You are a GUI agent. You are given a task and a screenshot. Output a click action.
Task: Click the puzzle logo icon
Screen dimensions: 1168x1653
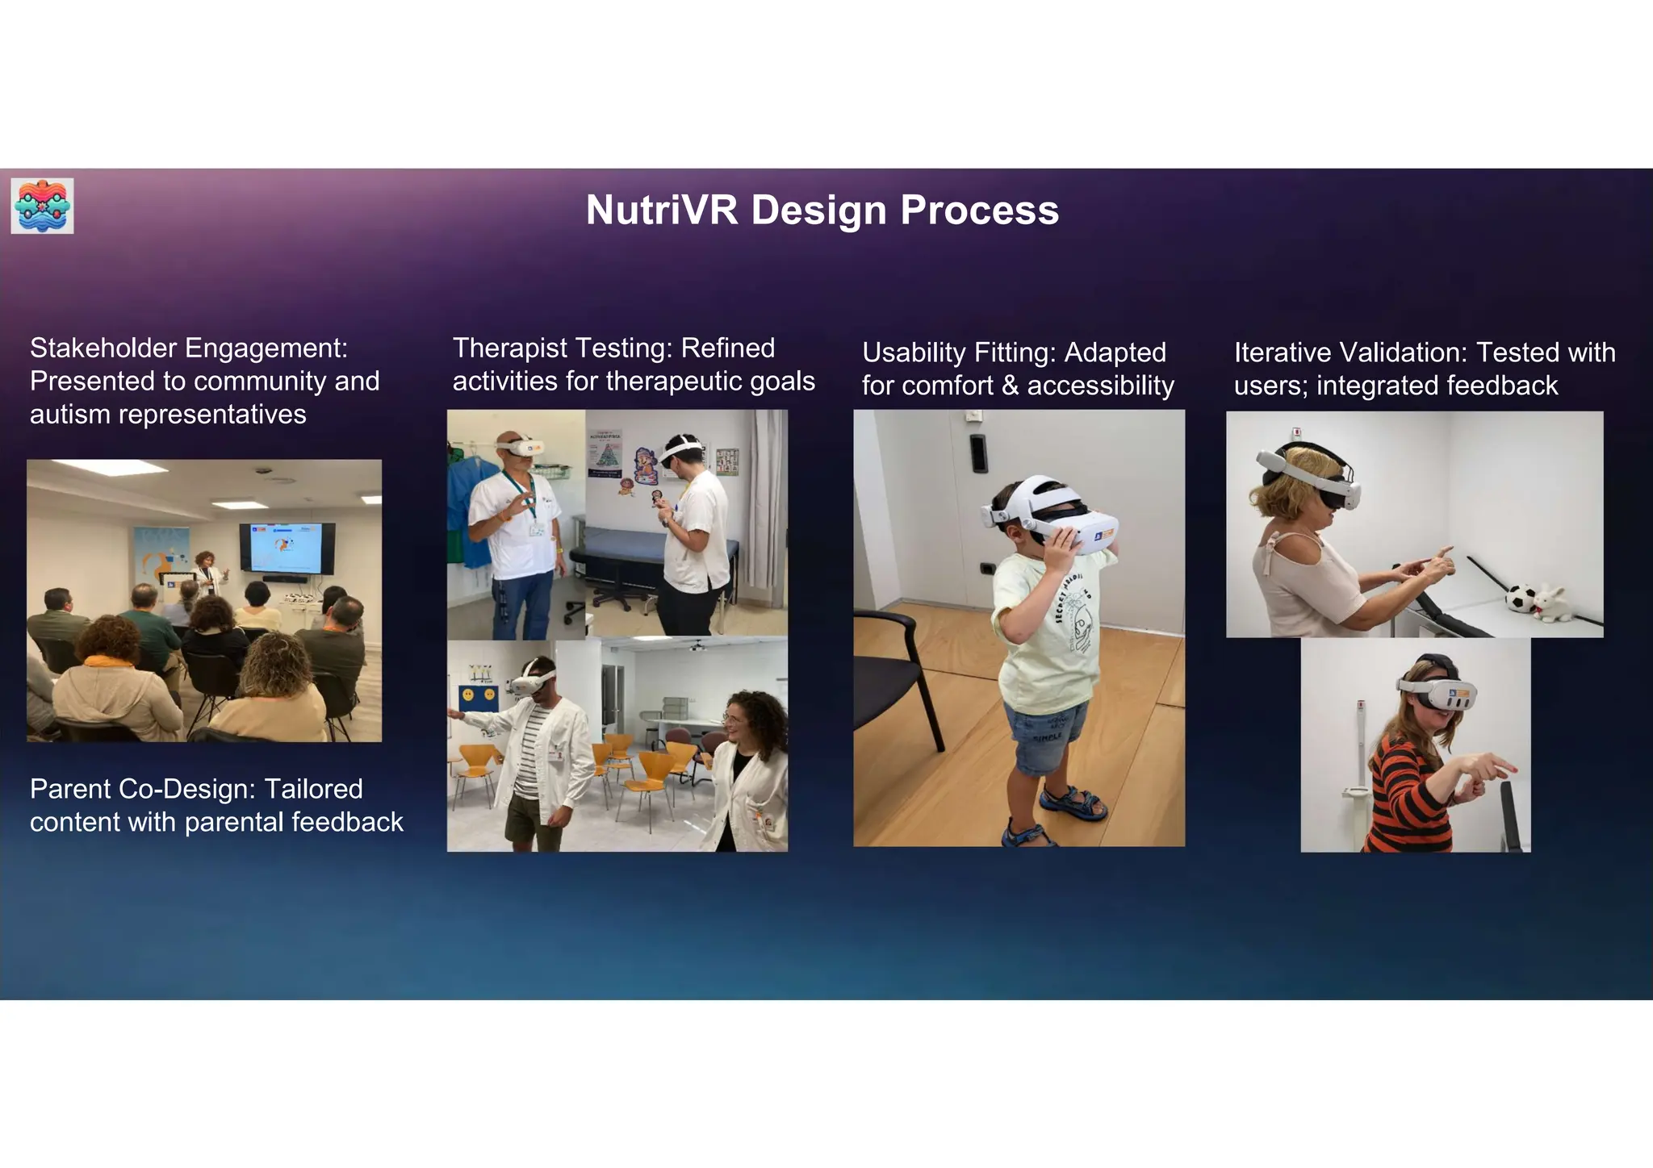43,206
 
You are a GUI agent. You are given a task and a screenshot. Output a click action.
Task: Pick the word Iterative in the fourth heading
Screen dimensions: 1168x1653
1282,352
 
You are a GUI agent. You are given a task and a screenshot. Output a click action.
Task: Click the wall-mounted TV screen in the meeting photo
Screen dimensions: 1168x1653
287,548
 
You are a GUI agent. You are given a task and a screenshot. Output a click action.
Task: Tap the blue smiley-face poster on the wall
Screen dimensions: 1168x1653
478,695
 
